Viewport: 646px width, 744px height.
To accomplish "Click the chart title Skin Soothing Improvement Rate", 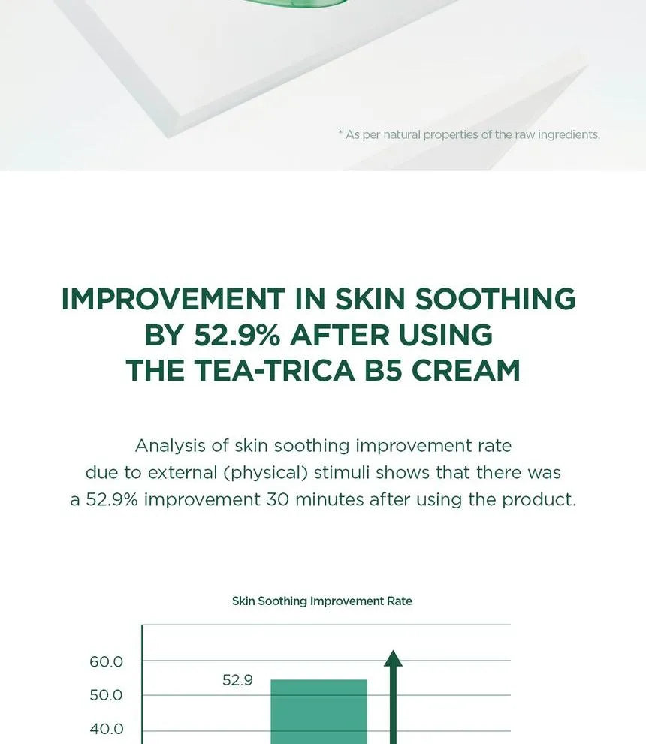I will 321,601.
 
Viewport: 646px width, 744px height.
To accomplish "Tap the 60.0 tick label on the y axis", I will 106,662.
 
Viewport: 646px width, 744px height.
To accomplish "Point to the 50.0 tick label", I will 106,696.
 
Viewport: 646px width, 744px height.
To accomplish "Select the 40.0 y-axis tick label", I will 106,730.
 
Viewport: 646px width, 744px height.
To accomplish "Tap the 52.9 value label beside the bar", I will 237,681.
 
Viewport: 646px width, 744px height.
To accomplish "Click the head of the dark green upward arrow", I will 393,658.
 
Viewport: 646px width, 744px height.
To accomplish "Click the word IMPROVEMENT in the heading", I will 173,299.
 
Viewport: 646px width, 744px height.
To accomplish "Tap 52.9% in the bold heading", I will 237,335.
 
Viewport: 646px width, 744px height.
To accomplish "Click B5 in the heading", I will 384,371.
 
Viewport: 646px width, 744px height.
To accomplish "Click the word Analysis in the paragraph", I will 170,446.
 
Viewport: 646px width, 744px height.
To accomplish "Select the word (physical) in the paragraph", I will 261,473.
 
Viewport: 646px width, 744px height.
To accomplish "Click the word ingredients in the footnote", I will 568,135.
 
